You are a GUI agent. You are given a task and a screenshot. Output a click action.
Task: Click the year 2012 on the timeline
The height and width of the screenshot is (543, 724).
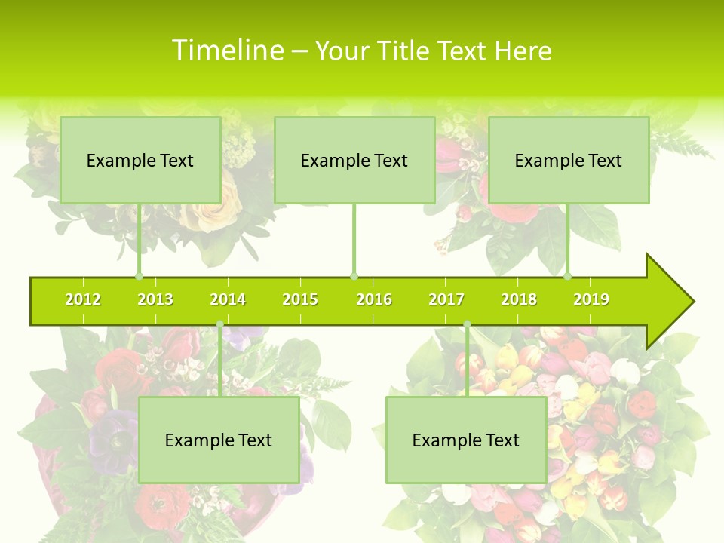click(x=83, y=299)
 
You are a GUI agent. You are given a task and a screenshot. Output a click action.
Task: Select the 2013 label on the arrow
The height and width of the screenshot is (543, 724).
click(x=155, y=299)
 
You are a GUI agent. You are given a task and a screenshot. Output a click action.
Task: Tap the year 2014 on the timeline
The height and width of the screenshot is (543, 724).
click(x=228, y=299)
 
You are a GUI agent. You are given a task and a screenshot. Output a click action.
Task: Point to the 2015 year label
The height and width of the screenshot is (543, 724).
click(x=300, y=299)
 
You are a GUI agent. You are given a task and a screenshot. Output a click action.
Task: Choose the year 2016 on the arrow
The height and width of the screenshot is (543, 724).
click(x=374, y=299)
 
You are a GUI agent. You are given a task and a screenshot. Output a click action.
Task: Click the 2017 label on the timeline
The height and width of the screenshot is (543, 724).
click(x=446, y=299)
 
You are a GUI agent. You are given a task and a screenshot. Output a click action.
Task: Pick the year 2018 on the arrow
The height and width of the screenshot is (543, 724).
click(x=519, y=299)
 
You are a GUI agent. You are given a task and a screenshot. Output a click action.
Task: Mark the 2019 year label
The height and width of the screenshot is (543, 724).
click(x=591, y=299)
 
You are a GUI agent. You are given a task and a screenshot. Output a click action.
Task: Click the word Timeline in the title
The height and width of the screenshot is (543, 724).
click(x=227, y=51)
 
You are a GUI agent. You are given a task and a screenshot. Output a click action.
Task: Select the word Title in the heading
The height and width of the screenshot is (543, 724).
click(x=402, y=51)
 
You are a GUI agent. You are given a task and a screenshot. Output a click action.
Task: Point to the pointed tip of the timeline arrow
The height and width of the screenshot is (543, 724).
click(x=692, y=302)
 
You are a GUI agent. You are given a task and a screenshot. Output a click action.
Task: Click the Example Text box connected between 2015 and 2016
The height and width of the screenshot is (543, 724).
click(x=354, y=160)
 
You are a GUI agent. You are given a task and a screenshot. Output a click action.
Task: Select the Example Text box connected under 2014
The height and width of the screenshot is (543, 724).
click(x=219, y=440)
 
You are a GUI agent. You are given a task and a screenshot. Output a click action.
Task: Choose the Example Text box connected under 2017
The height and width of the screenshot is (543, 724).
click(x=466, y=440)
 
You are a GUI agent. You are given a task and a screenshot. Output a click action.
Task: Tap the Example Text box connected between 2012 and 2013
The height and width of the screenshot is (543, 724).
click(x=140, y=160)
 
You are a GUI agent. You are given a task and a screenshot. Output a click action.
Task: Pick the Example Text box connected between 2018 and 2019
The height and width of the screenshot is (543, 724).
click(x=569, y=160)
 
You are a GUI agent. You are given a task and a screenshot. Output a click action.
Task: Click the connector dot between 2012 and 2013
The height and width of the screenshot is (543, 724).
click(x=139, y=276)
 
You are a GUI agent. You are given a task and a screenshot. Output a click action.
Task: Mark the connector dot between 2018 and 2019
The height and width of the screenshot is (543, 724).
click(x=567, y=276)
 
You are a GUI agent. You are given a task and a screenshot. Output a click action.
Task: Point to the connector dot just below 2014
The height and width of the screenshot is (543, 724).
click(x=219, y=324)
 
